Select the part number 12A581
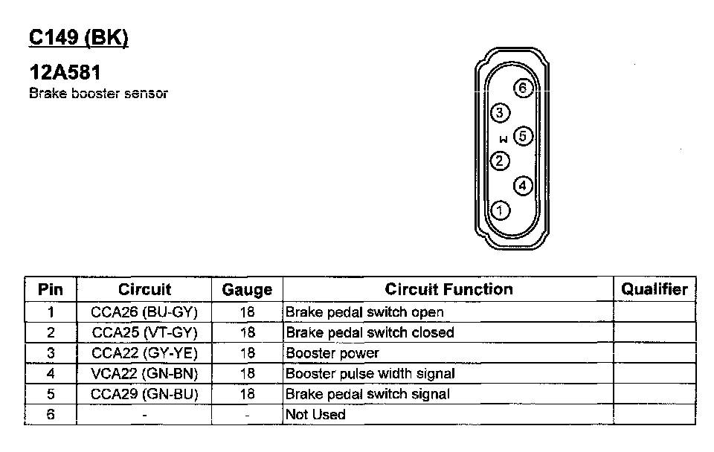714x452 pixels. coord(65,73)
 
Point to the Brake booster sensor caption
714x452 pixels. coord(98,94)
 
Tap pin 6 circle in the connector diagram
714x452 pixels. coord(523,88)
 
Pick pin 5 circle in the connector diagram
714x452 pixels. coord(523,136)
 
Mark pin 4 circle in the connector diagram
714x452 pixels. coord(523,185)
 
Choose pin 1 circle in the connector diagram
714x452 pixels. coord(501,210)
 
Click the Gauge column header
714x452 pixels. coord(247,290)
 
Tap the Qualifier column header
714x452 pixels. coord(654,289)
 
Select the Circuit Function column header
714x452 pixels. coord(448,289)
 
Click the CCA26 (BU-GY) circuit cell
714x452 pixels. coord(144,312)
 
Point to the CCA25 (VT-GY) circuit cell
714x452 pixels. coord(144,332)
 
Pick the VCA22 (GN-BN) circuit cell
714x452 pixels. coord(144,373)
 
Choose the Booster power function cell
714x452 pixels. coord(332,353)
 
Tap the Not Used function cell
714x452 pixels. coord(316,414)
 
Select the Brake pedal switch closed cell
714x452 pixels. coord(370,332)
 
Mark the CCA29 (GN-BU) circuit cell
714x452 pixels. coord(144,393)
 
